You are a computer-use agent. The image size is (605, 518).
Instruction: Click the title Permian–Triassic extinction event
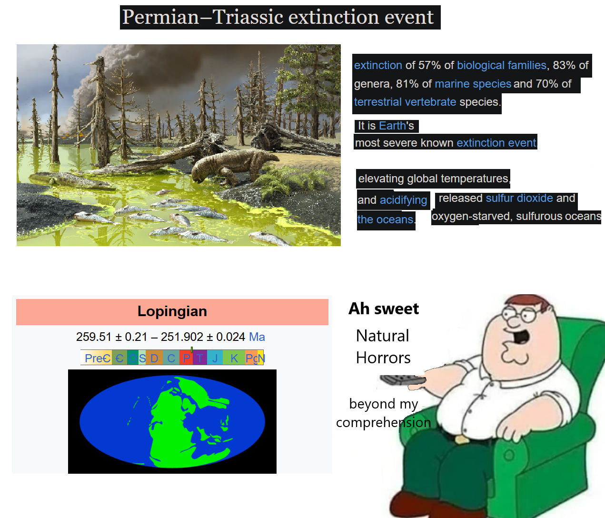tap(278, 17)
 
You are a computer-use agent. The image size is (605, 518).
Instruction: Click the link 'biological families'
tap(502, 65)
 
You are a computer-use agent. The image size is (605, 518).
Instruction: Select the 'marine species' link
tap(473, 84)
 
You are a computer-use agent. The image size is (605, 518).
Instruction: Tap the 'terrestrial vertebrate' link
tap(405, 102)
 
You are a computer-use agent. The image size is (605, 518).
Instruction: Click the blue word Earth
tap(392, 126)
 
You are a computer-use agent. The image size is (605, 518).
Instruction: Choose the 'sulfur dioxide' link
tap(519, 198)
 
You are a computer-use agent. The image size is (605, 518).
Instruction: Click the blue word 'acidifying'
tap(403, 200)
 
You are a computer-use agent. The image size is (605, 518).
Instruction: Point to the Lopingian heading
tap(172, 311)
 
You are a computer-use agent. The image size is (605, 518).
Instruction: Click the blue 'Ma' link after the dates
tap(257, 337)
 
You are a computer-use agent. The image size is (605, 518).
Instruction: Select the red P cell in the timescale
tap(186, 358)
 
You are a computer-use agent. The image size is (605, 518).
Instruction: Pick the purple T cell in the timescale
tap(199, 358)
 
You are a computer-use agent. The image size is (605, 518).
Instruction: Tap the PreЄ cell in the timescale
tap(97, 358)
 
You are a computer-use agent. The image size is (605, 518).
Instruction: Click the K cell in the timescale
tap(234, 358)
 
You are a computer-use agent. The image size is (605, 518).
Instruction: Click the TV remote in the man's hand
tap(403, 380)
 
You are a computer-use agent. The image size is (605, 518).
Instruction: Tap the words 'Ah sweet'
tap(384, 309)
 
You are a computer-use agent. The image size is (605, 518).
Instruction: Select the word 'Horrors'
tap(383, 358)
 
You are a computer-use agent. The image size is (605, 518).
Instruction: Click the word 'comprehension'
tap(384, 423)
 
